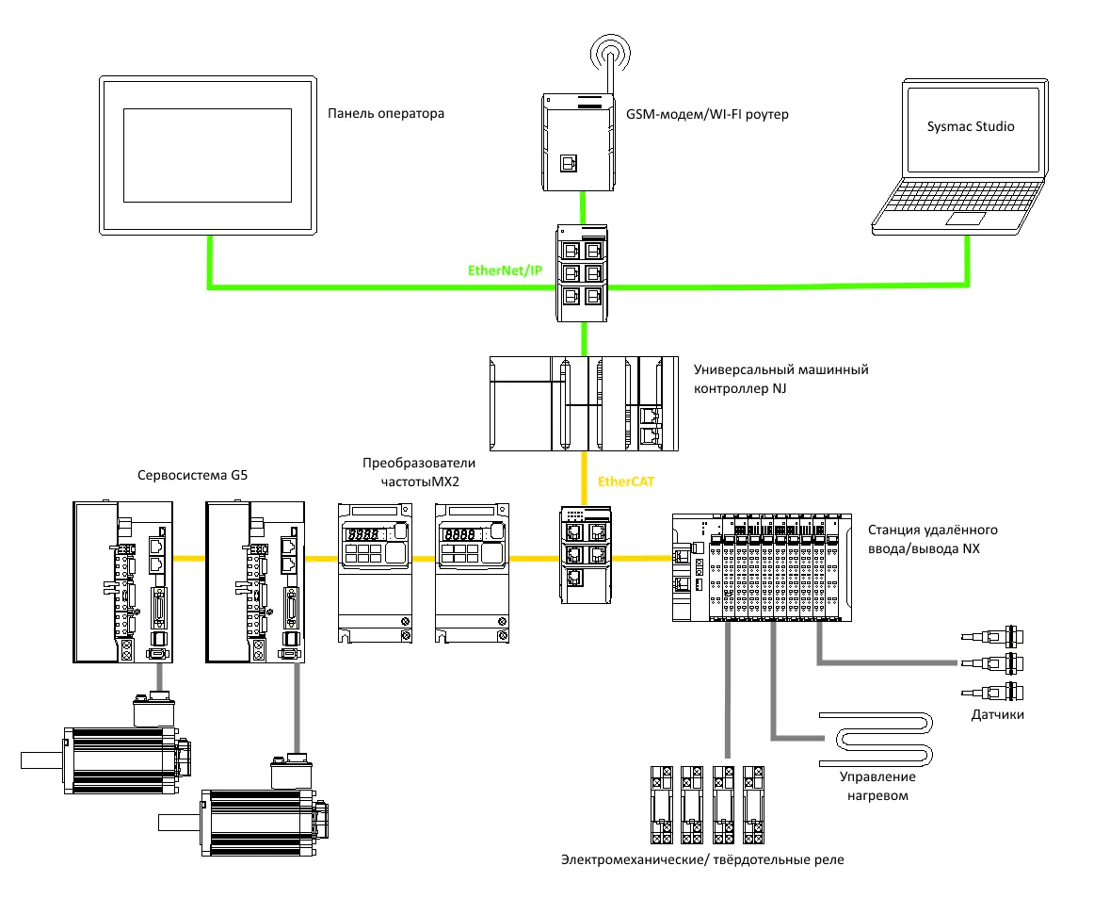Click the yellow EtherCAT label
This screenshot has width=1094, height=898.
pyautogui.click(x=626, y=482)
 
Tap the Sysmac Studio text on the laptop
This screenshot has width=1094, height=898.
pyautogui.click(x=970, y=126)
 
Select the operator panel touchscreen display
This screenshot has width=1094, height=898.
pyautogui.click(x=207, y=155)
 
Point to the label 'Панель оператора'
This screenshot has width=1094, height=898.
pyautogui.click(x=386, y=114)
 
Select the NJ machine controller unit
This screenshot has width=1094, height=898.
pyautogui.click(x=585, y=403)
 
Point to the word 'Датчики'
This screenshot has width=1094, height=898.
pyautogui.click(x=998, y=715)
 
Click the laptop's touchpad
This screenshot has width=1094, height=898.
pyautogui.click(x=966, y=219)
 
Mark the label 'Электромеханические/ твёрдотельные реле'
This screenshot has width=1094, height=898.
pyautogui.click(x=703, y=859)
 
